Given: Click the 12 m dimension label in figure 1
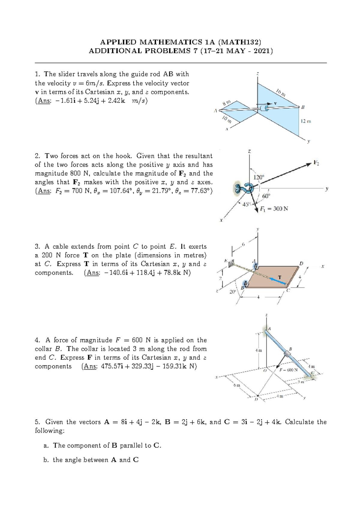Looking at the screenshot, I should coord(306,121).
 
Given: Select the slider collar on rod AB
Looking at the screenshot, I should coord(265,108).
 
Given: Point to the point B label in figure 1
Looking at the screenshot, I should coord(303,107).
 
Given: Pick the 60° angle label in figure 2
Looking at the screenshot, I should coord(266,196).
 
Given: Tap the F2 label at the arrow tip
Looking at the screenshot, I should coord(316,163).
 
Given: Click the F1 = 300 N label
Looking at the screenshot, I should coord(274,209).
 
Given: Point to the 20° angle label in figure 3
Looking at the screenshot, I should coord(232,292).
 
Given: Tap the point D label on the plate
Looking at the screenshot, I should coord(301,263).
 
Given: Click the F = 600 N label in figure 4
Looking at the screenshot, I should coord(288,370).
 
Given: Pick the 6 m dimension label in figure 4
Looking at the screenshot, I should coord(237,385).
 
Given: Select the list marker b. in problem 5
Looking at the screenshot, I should coord(46,460).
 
